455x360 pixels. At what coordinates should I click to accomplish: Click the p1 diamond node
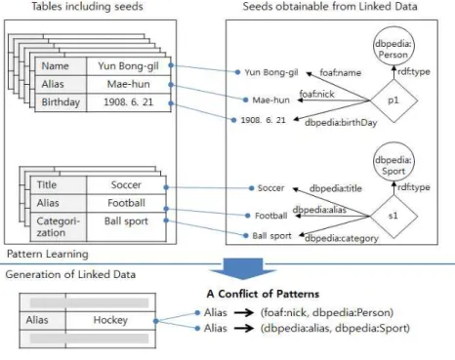coord(393,100)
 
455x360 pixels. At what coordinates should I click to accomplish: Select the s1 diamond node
coord(393,216)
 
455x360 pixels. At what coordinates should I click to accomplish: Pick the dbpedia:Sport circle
coord(393,163)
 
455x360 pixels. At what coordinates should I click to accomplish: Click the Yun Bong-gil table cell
coord(129,66)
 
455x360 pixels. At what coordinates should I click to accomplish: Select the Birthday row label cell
coord(61,102)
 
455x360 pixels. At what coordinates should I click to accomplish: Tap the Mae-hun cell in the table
coord(129,84)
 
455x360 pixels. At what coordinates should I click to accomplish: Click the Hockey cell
coord(110,320)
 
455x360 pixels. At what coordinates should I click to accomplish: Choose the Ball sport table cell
coord(126,227)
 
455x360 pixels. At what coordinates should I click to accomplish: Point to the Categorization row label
coord(59,227)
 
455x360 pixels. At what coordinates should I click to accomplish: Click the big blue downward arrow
coord(242,269)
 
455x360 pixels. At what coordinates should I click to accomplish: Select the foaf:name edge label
coord(341,72)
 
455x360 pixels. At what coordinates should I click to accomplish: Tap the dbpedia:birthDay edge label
coord(341,123)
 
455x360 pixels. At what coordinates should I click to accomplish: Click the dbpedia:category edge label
coord(342,238)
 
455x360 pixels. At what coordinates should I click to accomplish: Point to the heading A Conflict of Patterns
coord(263,294)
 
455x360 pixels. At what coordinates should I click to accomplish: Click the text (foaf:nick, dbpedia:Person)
coord(327,312)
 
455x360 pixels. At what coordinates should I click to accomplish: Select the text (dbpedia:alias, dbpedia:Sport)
coord(335,328)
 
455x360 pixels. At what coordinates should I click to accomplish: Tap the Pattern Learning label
coord(48,254)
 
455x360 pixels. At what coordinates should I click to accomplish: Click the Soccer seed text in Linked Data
coord(270,188)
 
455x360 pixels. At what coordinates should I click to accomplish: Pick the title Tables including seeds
coord(87,7)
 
